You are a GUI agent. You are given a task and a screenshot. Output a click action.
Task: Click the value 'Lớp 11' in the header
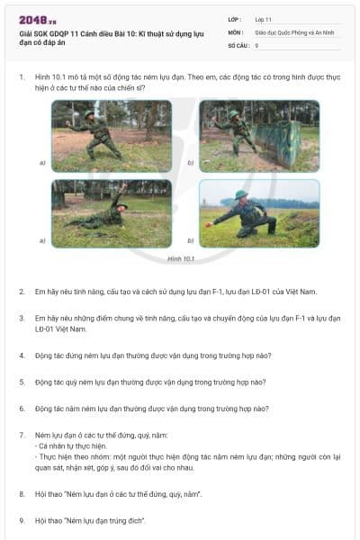tap(264, 19)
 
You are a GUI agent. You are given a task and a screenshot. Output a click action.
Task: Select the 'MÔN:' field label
tap(235, 31)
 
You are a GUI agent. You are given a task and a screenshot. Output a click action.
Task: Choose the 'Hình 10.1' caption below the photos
tap(181, 258)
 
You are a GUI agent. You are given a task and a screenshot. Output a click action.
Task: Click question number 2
tap(22, 292)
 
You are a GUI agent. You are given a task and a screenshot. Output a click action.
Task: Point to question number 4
tap(22, 355)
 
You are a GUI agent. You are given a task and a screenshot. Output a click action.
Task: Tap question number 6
tap(22, 409)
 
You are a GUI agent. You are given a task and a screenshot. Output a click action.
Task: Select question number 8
tap(22, 493)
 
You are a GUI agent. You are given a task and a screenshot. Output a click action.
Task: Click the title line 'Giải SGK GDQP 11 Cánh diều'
tap(108, 33)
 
